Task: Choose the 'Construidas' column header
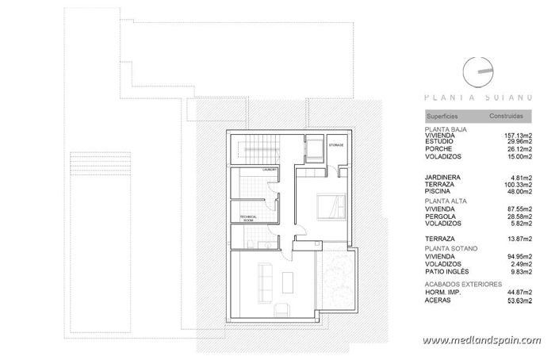(505, 116)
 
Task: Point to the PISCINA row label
(441, 190)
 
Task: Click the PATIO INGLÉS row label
(449, 271)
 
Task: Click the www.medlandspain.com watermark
(481, 341)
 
